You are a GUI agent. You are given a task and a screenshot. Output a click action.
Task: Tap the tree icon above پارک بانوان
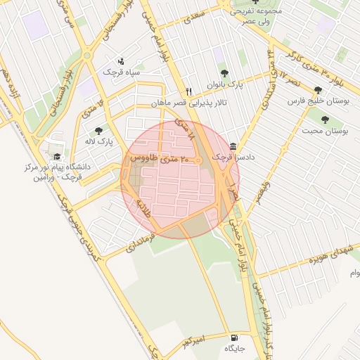[224, 72]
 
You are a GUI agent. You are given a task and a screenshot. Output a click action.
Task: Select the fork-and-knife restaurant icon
[188, 92]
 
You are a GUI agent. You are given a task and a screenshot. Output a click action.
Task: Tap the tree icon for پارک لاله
[98, 131]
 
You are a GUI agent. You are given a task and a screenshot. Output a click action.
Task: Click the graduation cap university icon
[56, 157]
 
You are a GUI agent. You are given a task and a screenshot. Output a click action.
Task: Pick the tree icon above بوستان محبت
[325, 120]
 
